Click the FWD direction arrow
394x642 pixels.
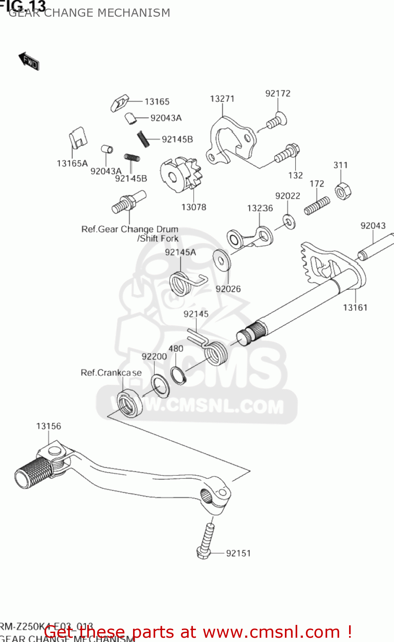(x=29, y=61)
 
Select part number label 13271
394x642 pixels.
(x=222, y=99)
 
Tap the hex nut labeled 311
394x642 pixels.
(x=342, y=191)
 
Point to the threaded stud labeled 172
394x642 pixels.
(x=317, y=206)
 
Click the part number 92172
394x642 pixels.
(x=278, y=93)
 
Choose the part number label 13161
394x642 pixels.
(x=355, y=307)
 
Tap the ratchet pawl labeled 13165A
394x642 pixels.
(x=78, y=138)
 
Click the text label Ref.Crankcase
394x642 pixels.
(x=111, y=373)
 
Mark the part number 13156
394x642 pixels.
(x=48, y=426)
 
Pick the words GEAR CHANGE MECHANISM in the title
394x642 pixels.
(x=89, y=13)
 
